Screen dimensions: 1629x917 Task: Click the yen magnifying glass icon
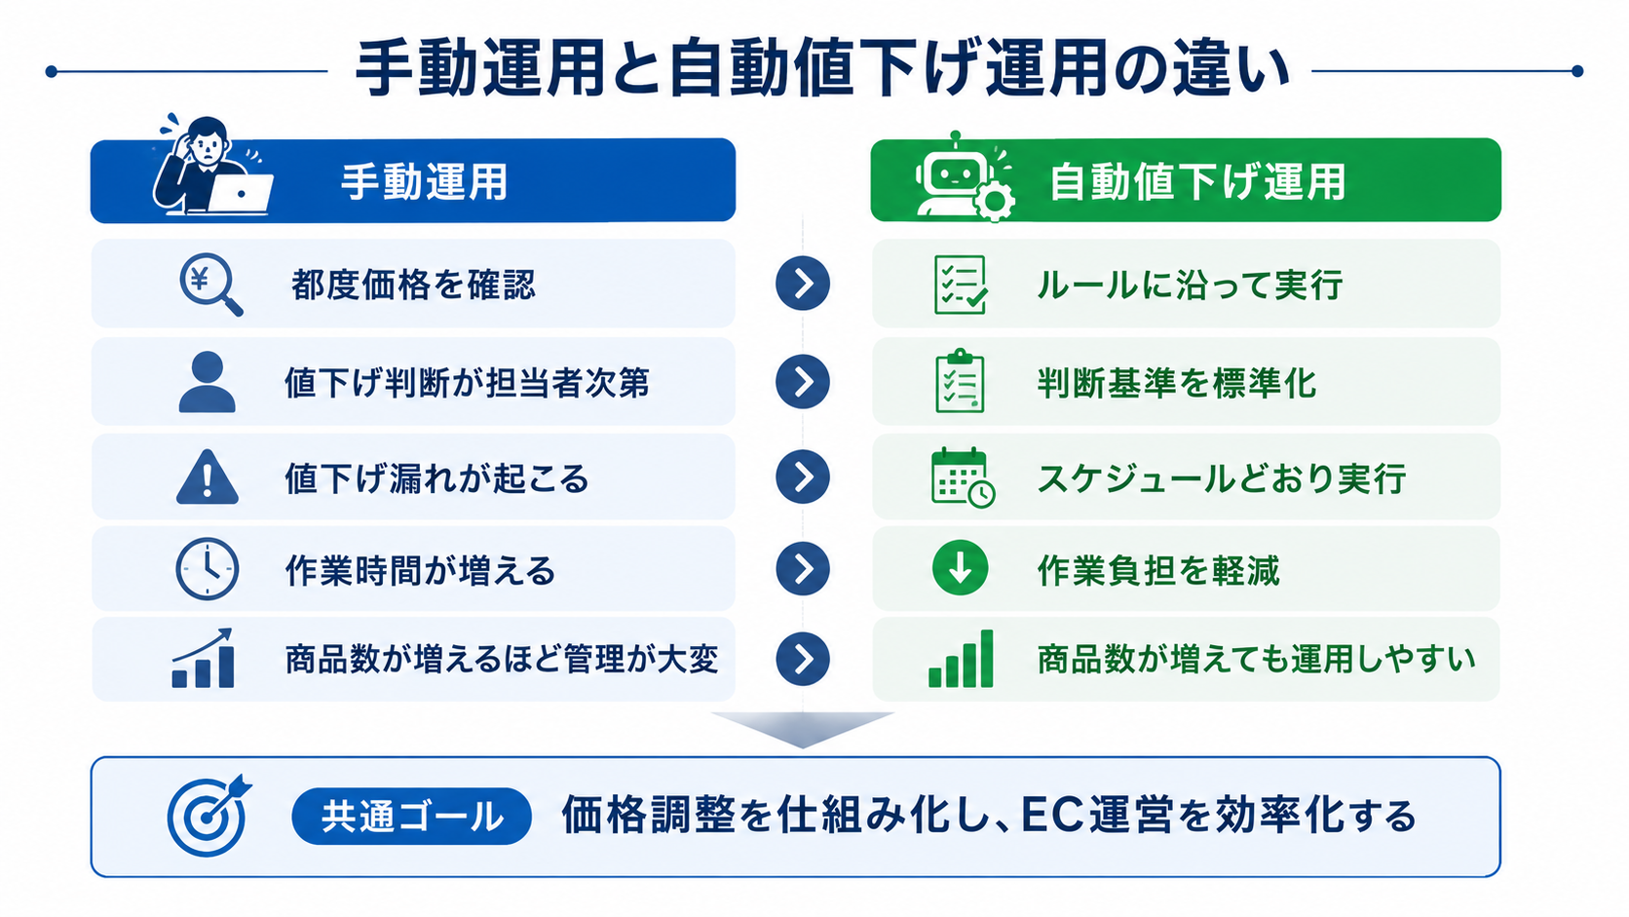pos(210,285)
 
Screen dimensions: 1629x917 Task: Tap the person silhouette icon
pos(208,382)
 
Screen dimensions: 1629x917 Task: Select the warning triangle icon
pos(208,478)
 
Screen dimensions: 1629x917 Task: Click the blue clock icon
pos(208,569)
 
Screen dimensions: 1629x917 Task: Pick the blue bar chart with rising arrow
pos(203,658)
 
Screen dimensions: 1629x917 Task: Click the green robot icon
pos(954,174)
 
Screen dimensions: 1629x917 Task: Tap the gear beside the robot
pos(994,199)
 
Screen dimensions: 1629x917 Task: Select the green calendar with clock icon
pos(963,478)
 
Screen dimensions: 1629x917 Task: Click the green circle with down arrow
pos(960,568)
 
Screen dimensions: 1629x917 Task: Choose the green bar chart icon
pos(961,659)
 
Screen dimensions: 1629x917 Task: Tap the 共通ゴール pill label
pos(411,817)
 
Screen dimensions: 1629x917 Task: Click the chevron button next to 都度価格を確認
pos(803,284)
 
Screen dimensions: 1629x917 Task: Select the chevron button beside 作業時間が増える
pos(803,569)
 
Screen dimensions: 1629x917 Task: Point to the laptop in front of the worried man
pos(240,193)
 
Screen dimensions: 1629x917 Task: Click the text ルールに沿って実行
pos(1190,285)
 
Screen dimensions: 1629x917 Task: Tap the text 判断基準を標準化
pos(1177,383)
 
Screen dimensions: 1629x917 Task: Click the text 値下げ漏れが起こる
pos(436,478)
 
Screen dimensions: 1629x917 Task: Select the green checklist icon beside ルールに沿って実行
pos(961,285)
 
